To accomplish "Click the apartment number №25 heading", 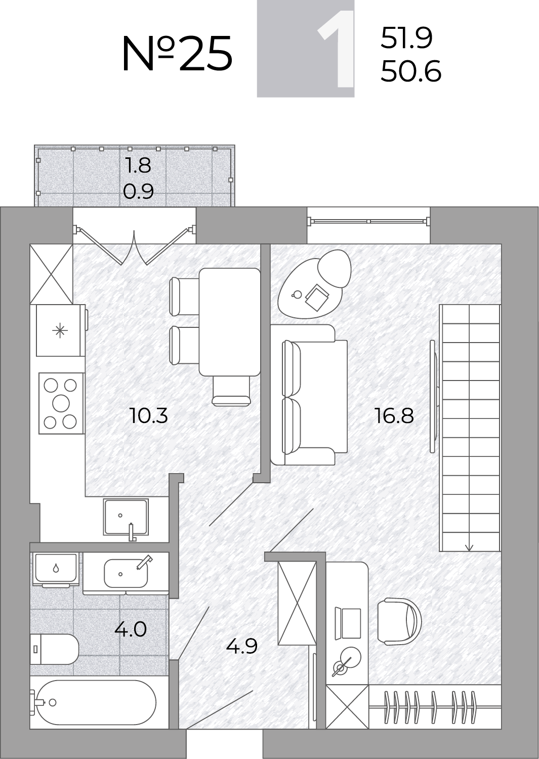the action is click(x=177, y=54).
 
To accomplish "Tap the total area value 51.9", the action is click(x=406, y=38).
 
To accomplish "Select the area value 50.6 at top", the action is click(x=411, y=71).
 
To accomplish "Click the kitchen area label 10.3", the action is click(x=149, y=415).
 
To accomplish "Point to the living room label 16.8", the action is click(x=394, y=415).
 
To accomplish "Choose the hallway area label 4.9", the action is click(x=242, y=646).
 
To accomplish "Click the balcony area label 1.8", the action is click(x=138, y=165).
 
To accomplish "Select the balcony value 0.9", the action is click(x=138, y=191).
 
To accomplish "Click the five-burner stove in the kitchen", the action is click(x=61, y=403).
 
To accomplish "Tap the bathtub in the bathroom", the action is click(x=96, y=702).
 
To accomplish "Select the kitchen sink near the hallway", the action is click(x=126, y=518).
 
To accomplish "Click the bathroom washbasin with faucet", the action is click(x=126, y=573).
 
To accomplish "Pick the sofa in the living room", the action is click(x=309, y=394).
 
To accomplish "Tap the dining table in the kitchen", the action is click(x=229, y=322).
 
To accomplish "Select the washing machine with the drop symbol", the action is click(x=56, y=570).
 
